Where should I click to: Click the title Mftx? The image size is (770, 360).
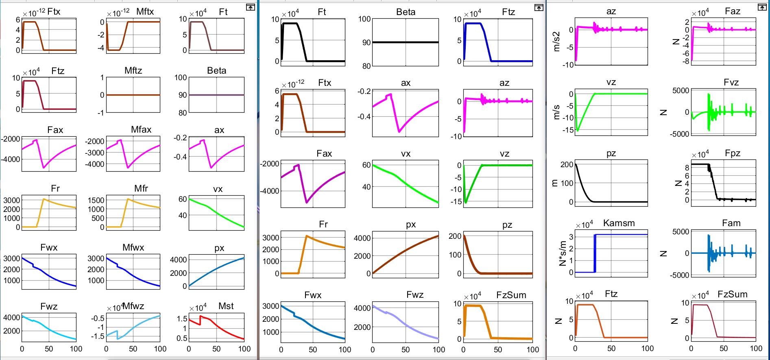[145, 12]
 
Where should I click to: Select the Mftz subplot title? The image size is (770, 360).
[133, 71]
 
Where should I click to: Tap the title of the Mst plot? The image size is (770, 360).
[226, 306]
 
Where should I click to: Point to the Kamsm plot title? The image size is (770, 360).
[619, 223]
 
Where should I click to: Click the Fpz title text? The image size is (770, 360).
[732, 153]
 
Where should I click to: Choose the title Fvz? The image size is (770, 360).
[731, 83]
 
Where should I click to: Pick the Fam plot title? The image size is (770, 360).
[731, 223]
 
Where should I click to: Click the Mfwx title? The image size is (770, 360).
[133, 248]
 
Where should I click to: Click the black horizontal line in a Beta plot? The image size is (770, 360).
[406, 42]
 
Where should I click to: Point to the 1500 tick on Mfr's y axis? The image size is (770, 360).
[96, 200]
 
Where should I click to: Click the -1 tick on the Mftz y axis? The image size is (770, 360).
[101, 113]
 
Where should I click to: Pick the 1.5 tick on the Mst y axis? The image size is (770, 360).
[182, 319]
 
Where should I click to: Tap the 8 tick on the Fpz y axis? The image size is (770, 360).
[687, 168]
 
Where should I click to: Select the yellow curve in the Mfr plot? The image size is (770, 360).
[142, 203]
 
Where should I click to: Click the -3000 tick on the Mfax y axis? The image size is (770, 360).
[94, 153]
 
